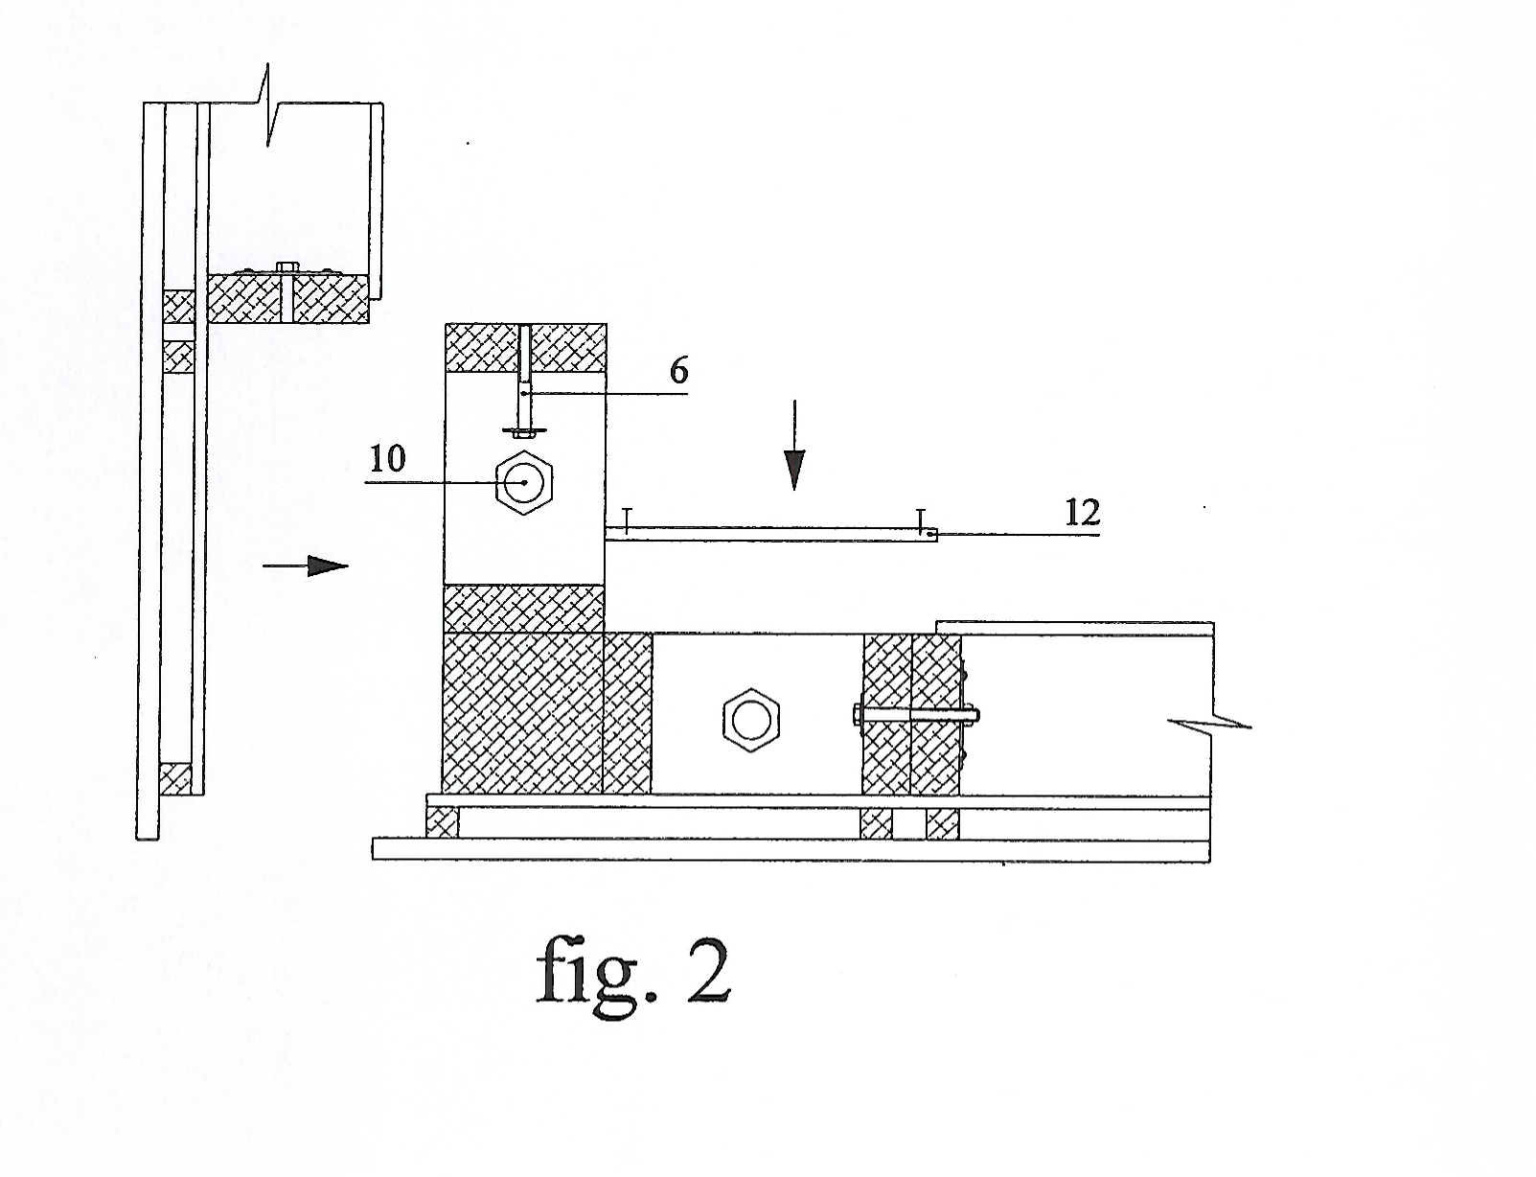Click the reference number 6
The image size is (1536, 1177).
[x=678, y=370]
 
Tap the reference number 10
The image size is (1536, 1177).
[x=388, y=459]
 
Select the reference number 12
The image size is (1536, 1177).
[x=1082, y=513]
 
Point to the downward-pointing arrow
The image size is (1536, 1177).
[x=795, y=445]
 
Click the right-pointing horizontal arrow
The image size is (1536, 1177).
[x=306, y=565]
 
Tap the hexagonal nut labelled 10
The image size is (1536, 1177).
[x=524, y=483]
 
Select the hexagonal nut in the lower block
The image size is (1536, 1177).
[x=751, y=721]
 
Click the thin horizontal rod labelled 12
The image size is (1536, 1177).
[x=772, y=536]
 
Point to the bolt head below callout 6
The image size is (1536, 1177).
[x=524, y=430]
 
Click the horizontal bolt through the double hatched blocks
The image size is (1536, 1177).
[x=916, y=715]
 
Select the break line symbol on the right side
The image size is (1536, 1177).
[x=1211, y=722]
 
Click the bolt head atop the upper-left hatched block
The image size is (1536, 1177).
[x=287, y=266]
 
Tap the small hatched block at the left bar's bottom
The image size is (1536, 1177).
[x=174, y=778]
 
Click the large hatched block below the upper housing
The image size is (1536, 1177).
[x=522, y=712]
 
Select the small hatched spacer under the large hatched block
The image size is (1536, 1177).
[x=443, y=822]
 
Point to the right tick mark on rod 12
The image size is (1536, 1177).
[x=920, y=520]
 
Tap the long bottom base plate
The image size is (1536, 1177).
[x=791, y=849]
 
